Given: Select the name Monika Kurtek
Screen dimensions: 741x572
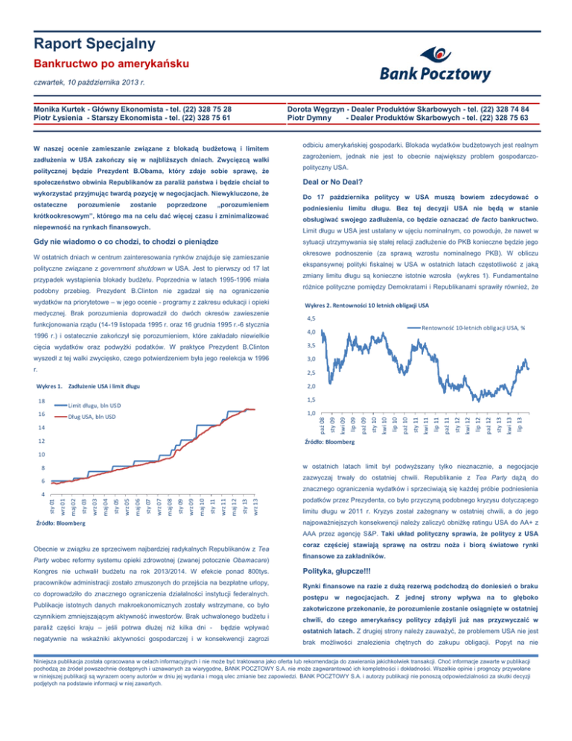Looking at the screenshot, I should pos(68,108).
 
